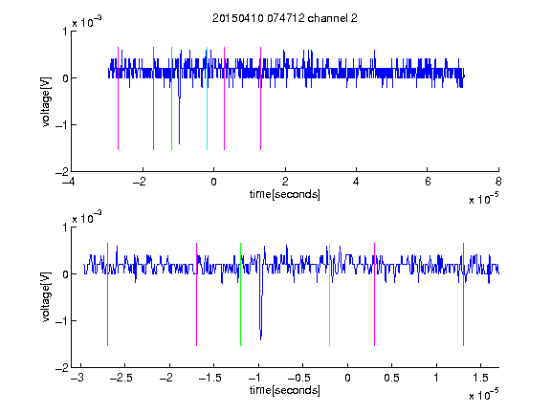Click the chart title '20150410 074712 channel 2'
coord(285,18)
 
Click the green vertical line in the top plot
coord(171,98)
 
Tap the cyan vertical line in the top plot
coord(207,98)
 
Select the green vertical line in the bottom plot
coord(240,294)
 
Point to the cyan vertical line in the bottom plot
coord(329,294)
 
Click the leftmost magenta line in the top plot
coord(118,98)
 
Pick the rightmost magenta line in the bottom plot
coord(463,294)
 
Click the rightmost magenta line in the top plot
coord(260,98)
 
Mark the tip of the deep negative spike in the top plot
coord(179,143)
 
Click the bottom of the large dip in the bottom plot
coord(261,339)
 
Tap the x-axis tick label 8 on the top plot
coord(498,182)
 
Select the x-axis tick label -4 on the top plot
coord(69,182)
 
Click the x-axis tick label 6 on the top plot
coord(428,182)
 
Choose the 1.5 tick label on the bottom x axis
coord(480,378)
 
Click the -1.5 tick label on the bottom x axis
coord(209,378)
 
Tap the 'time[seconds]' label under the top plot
coord(285,194)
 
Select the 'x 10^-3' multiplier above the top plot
coord(87,22)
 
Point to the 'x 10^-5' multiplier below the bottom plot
coord(483,395)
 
